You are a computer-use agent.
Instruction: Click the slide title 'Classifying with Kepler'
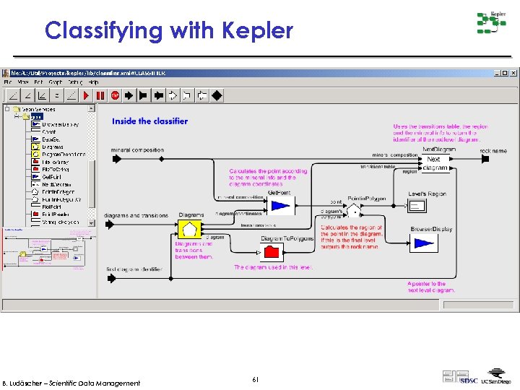[x=169, y=31]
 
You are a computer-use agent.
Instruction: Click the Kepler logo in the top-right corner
[x=491, y=22]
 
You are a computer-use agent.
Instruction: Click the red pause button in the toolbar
[x=100, y=95]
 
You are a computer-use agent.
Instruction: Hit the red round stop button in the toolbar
[x=115, y=95]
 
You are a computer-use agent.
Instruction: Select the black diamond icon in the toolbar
[x=217, y=95]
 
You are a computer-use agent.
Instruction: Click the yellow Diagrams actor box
[x=189, y=230]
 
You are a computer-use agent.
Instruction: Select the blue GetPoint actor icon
[x=279, y=207]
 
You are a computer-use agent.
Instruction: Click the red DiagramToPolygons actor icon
[x=272, y=251]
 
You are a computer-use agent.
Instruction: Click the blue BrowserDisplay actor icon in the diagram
[x=423, y=243]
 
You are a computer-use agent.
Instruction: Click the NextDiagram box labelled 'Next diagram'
[x=435, y=163]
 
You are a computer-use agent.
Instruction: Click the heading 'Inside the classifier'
[x=149, y=121]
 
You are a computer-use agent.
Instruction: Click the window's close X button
[x=513, y=73]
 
